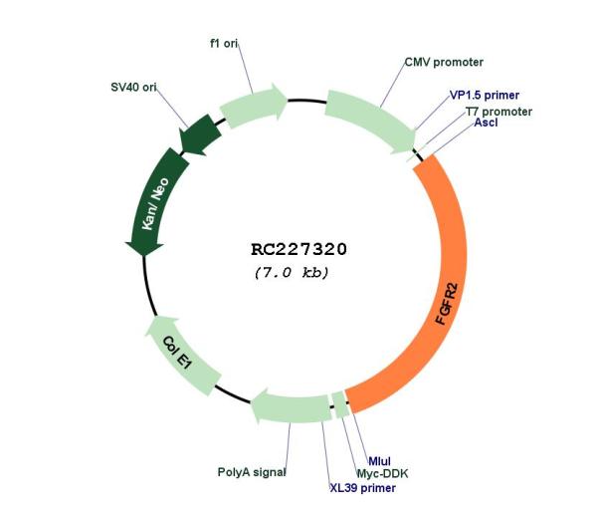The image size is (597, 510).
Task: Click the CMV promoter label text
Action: click(x=444, y=62)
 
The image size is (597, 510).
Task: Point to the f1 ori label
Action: click(x=224, y=44)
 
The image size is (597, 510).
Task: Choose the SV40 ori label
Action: click(x=133, y=88)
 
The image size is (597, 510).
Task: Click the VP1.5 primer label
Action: click(x=485, y=96)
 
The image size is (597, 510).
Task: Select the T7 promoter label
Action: click(x=498, y=112)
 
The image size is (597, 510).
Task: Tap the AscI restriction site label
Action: click(x=486, y=123)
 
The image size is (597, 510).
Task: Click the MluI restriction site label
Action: click(x=380, y=461)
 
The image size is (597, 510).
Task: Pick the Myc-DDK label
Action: click(x=382, y=474)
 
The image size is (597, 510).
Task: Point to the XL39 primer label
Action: click(x=362, y=488)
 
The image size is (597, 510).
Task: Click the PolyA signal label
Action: click(x=252, y=472)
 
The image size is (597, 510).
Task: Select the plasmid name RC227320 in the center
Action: click(x=298, y=250)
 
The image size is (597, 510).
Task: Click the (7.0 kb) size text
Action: click(x=292, y=273)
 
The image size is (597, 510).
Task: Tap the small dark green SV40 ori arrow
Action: click(x=201, y=134)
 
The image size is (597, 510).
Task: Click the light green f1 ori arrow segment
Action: click(x=253, y=105)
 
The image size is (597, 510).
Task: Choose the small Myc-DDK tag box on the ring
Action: click(x=340, y=404)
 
